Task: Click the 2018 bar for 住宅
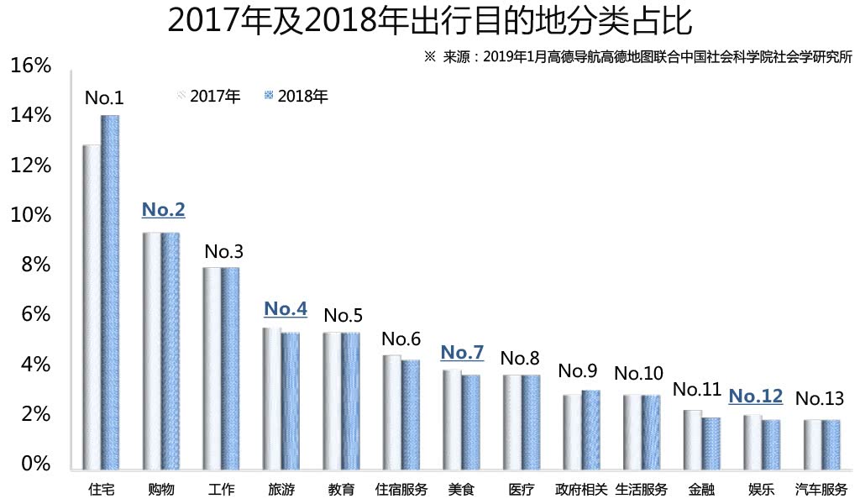(110, 292)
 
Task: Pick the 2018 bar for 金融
(711, 444)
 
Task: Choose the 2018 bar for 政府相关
(590, 429)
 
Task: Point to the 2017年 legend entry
(209, 96)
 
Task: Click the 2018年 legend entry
(296, 96)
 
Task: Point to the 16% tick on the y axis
(31, 66)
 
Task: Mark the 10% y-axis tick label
(31, 215)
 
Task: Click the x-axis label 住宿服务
(401, 489)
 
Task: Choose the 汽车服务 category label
(821, 489)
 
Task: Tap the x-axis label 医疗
(521, 489)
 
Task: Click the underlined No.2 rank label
(163, 209)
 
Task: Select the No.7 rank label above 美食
(462, 352)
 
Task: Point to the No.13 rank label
(820, 397)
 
